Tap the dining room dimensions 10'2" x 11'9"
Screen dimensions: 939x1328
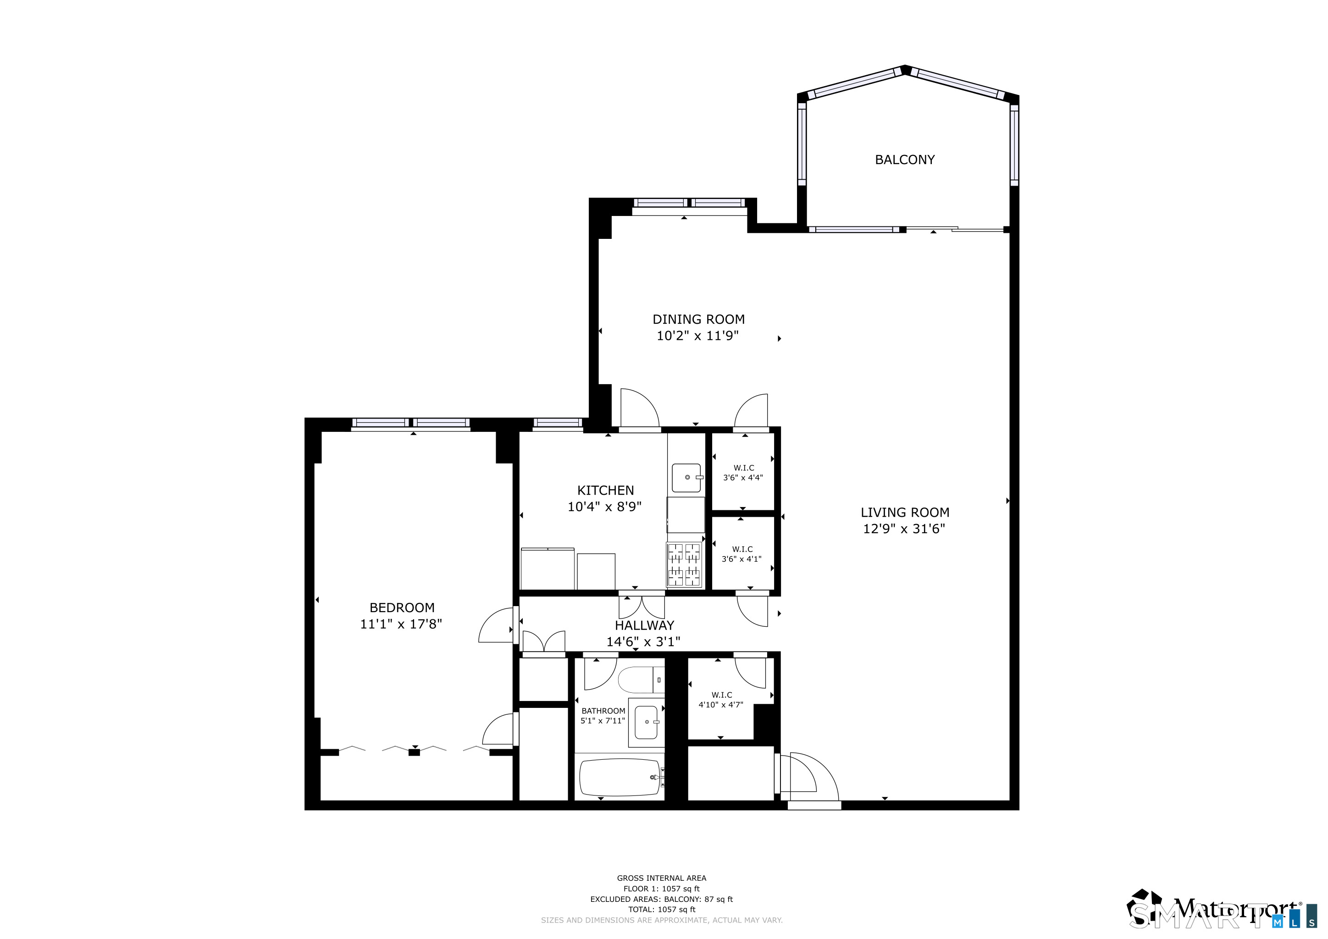697,336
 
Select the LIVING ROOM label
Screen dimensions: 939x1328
905,512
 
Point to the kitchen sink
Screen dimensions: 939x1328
686,478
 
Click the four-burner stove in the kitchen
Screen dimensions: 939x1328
684,564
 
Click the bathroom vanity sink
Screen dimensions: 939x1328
646,723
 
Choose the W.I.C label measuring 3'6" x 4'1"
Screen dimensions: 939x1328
741,554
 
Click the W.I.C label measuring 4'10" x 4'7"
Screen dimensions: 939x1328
721,700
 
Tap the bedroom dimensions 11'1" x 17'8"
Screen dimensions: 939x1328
401,624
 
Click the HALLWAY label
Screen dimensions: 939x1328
644,625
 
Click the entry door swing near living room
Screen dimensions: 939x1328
810,778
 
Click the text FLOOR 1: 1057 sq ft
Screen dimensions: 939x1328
661,889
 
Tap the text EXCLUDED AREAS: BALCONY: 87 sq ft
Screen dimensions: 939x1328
661,899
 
